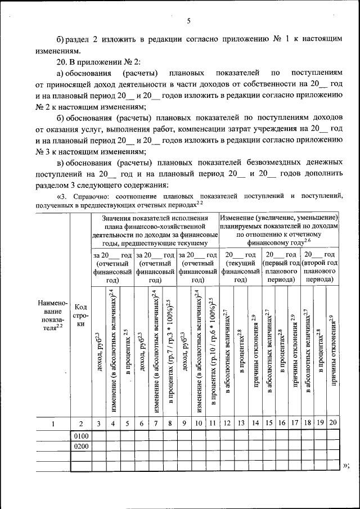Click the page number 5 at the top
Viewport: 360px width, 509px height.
click(189, 21)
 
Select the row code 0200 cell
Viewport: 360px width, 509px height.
click(81, 446)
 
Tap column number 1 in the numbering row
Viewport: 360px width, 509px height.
click(53, 424)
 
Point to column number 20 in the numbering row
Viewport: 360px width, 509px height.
click(334, 424)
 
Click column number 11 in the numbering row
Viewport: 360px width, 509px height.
click(212, 424)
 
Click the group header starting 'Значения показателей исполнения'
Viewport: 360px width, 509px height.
click(155, 230)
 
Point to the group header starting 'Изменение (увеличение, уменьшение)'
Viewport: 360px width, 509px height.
click(279, 230)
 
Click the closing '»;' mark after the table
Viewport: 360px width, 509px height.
click(346, 465)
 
